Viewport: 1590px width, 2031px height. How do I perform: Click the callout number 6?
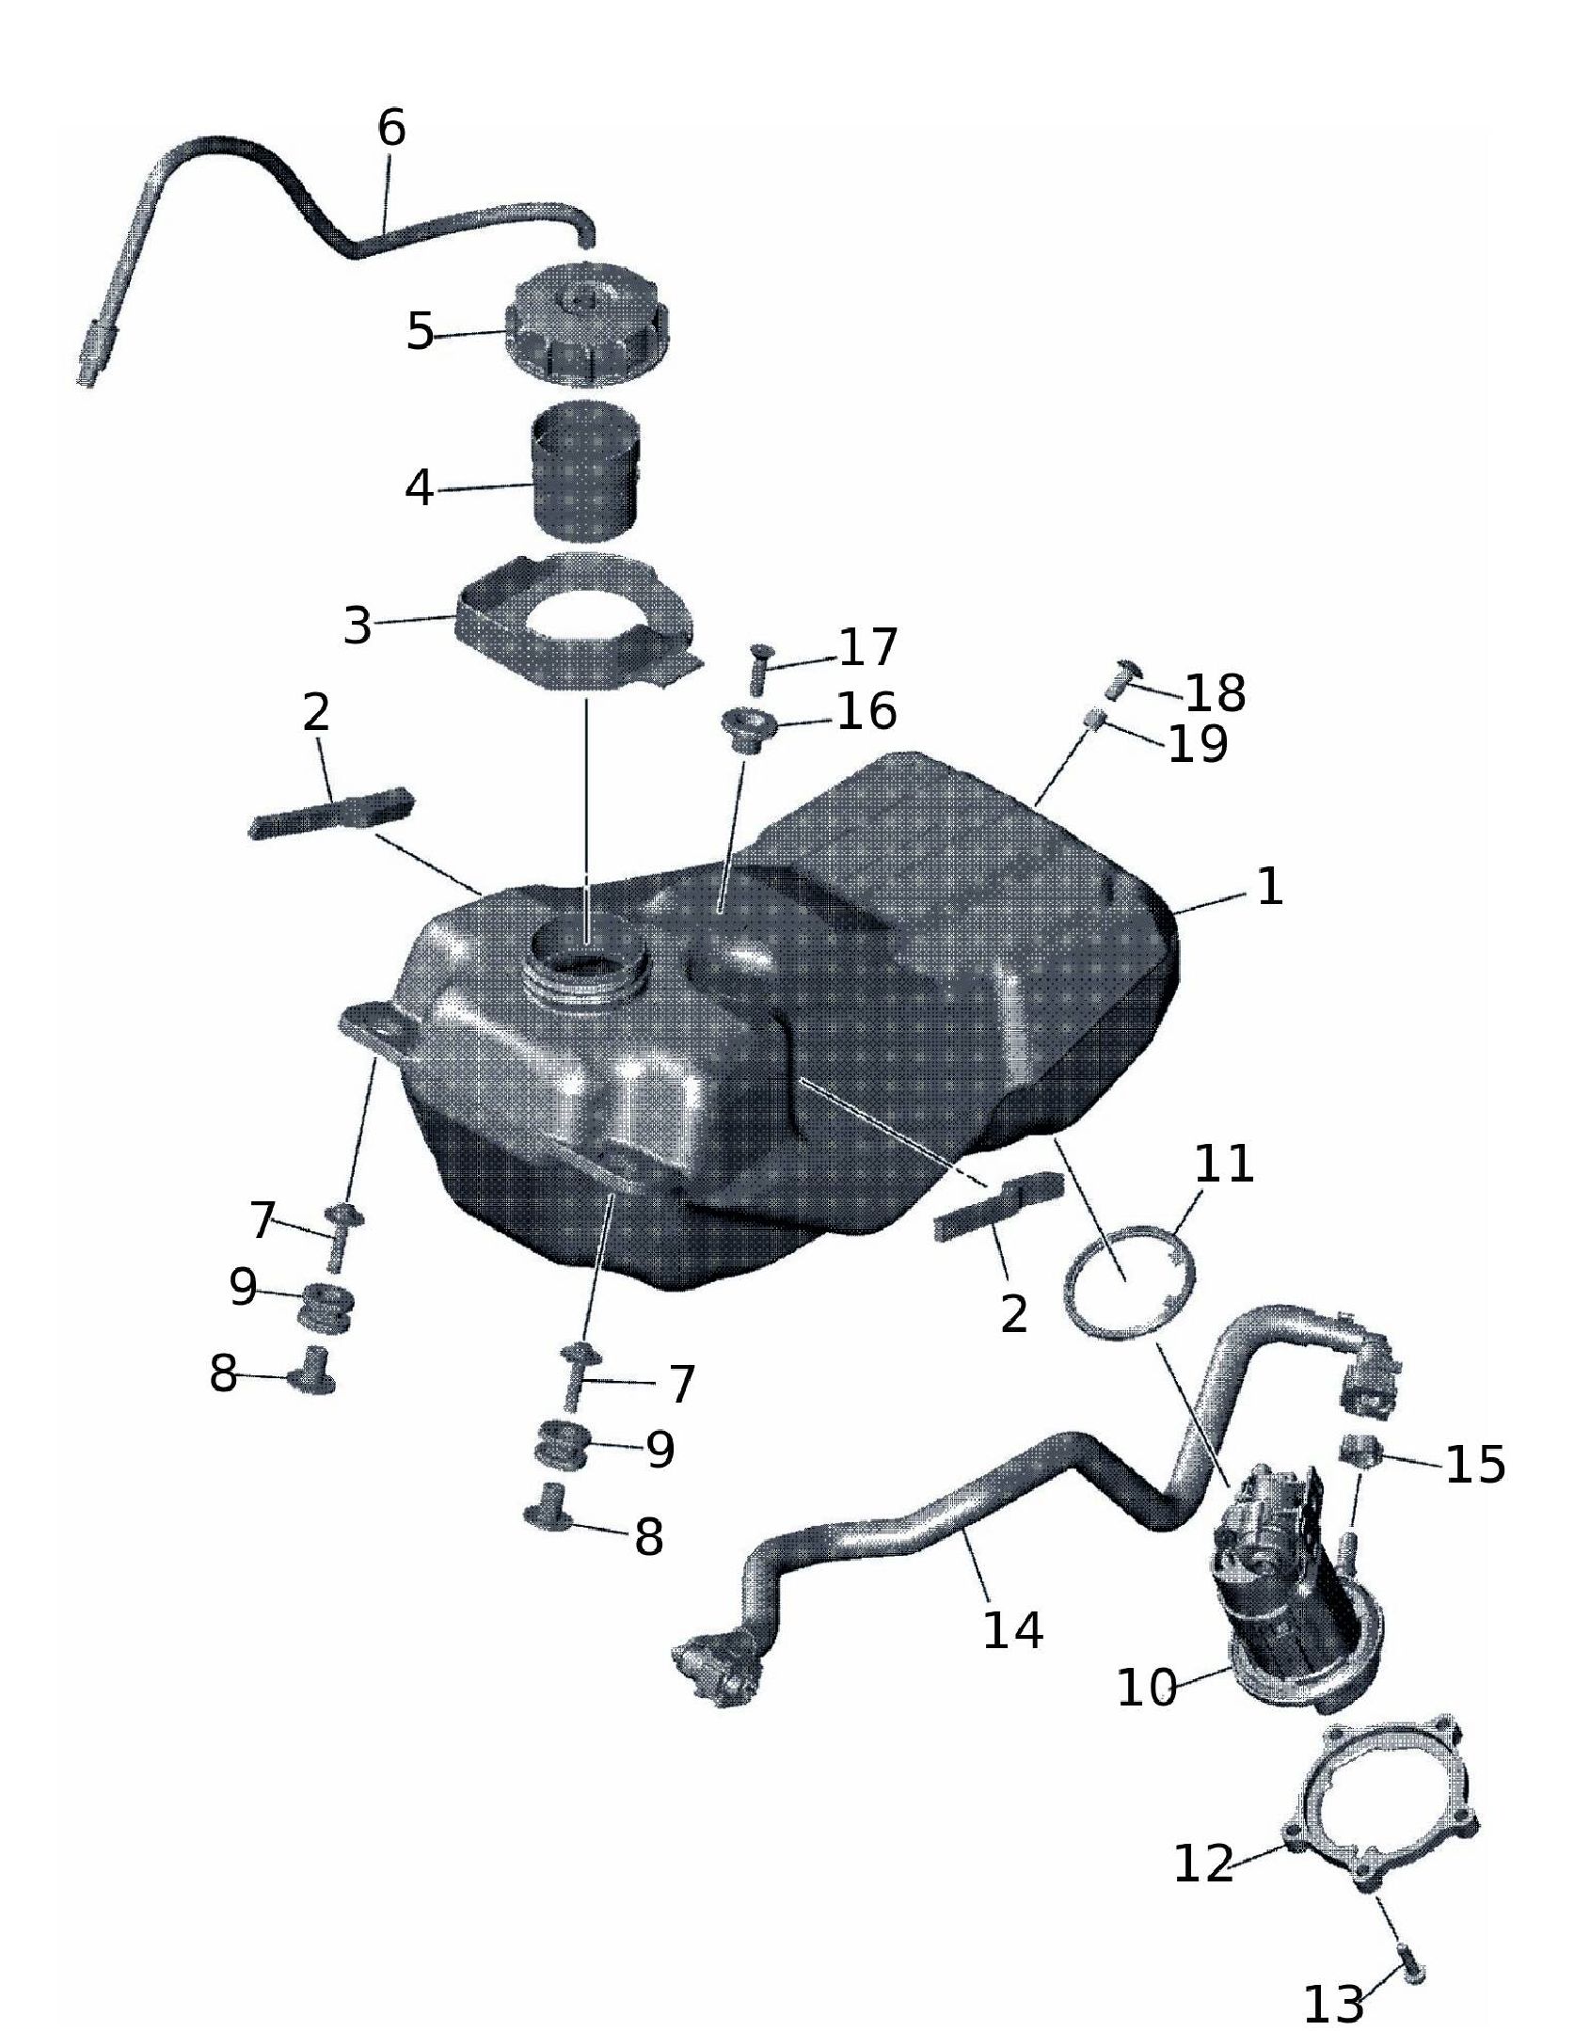pyautogui.click(x=391, y=128)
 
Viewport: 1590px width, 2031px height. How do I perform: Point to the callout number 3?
pyautogui.click(x=357, y=626)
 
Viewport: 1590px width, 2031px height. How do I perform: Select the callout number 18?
pyautogui.click(x=1215, y=693)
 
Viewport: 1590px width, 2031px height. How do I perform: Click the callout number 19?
pyautogui.click(x=1198, y=745)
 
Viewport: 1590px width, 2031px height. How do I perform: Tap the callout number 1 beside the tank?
pyautogui.click(x=1270, y=887)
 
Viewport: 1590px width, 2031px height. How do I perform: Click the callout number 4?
pyautogui.click(x=420, y=488)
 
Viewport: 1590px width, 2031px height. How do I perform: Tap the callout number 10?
pyautogui.click(x=1147, y=1688)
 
